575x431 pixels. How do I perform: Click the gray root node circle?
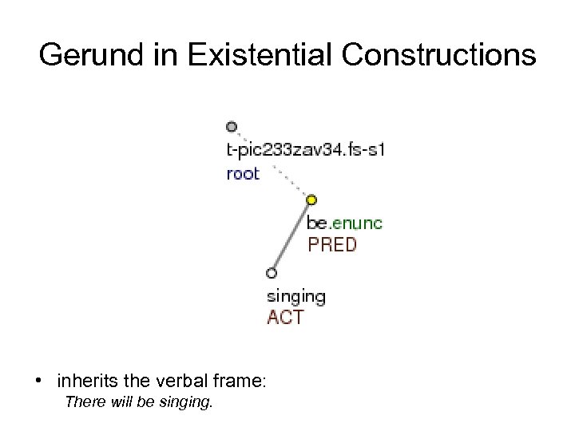pos(232,126)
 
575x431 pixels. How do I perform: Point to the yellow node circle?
pos(311,200)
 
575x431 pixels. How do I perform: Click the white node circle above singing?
pos(272,273)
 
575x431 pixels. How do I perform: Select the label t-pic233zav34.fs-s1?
pos(305,150)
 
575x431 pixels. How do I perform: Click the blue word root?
pos(243,173)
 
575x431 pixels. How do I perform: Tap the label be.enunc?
pos(344,223)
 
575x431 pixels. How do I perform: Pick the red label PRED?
pos(332,245)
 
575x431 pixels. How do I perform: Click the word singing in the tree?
pos(295,297)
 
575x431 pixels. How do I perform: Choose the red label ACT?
pos(285,318)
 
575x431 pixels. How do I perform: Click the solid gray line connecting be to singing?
pos(291,236)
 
